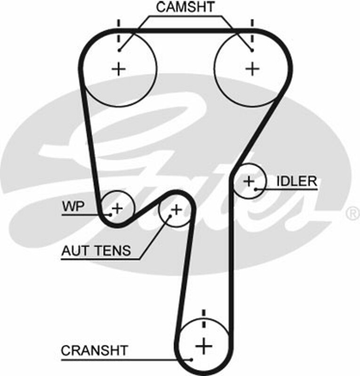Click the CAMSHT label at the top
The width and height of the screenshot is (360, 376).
click(185, 7)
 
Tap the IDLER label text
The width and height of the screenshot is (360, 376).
click(297, 181)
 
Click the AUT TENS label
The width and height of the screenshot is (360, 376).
click(96, 251)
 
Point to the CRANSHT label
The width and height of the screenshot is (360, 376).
click(94, 351)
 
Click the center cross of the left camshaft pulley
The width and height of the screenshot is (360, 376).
click(119, 69)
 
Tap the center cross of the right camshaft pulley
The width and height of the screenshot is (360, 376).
click(253, 69)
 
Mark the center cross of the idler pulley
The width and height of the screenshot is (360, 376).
click(248, 181)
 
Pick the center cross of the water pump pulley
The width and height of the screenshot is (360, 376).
click(117, 207)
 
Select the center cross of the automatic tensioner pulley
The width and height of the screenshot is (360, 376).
click(176, 210)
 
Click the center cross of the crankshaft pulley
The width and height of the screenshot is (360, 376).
click(204, 347)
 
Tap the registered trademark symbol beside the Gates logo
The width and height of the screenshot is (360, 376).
click(352, 214)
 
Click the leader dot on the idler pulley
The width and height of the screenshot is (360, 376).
click(256, 189)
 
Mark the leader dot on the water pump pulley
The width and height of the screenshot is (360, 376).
click(110, 215)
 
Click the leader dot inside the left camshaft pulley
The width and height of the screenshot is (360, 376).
click(120, 50)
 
